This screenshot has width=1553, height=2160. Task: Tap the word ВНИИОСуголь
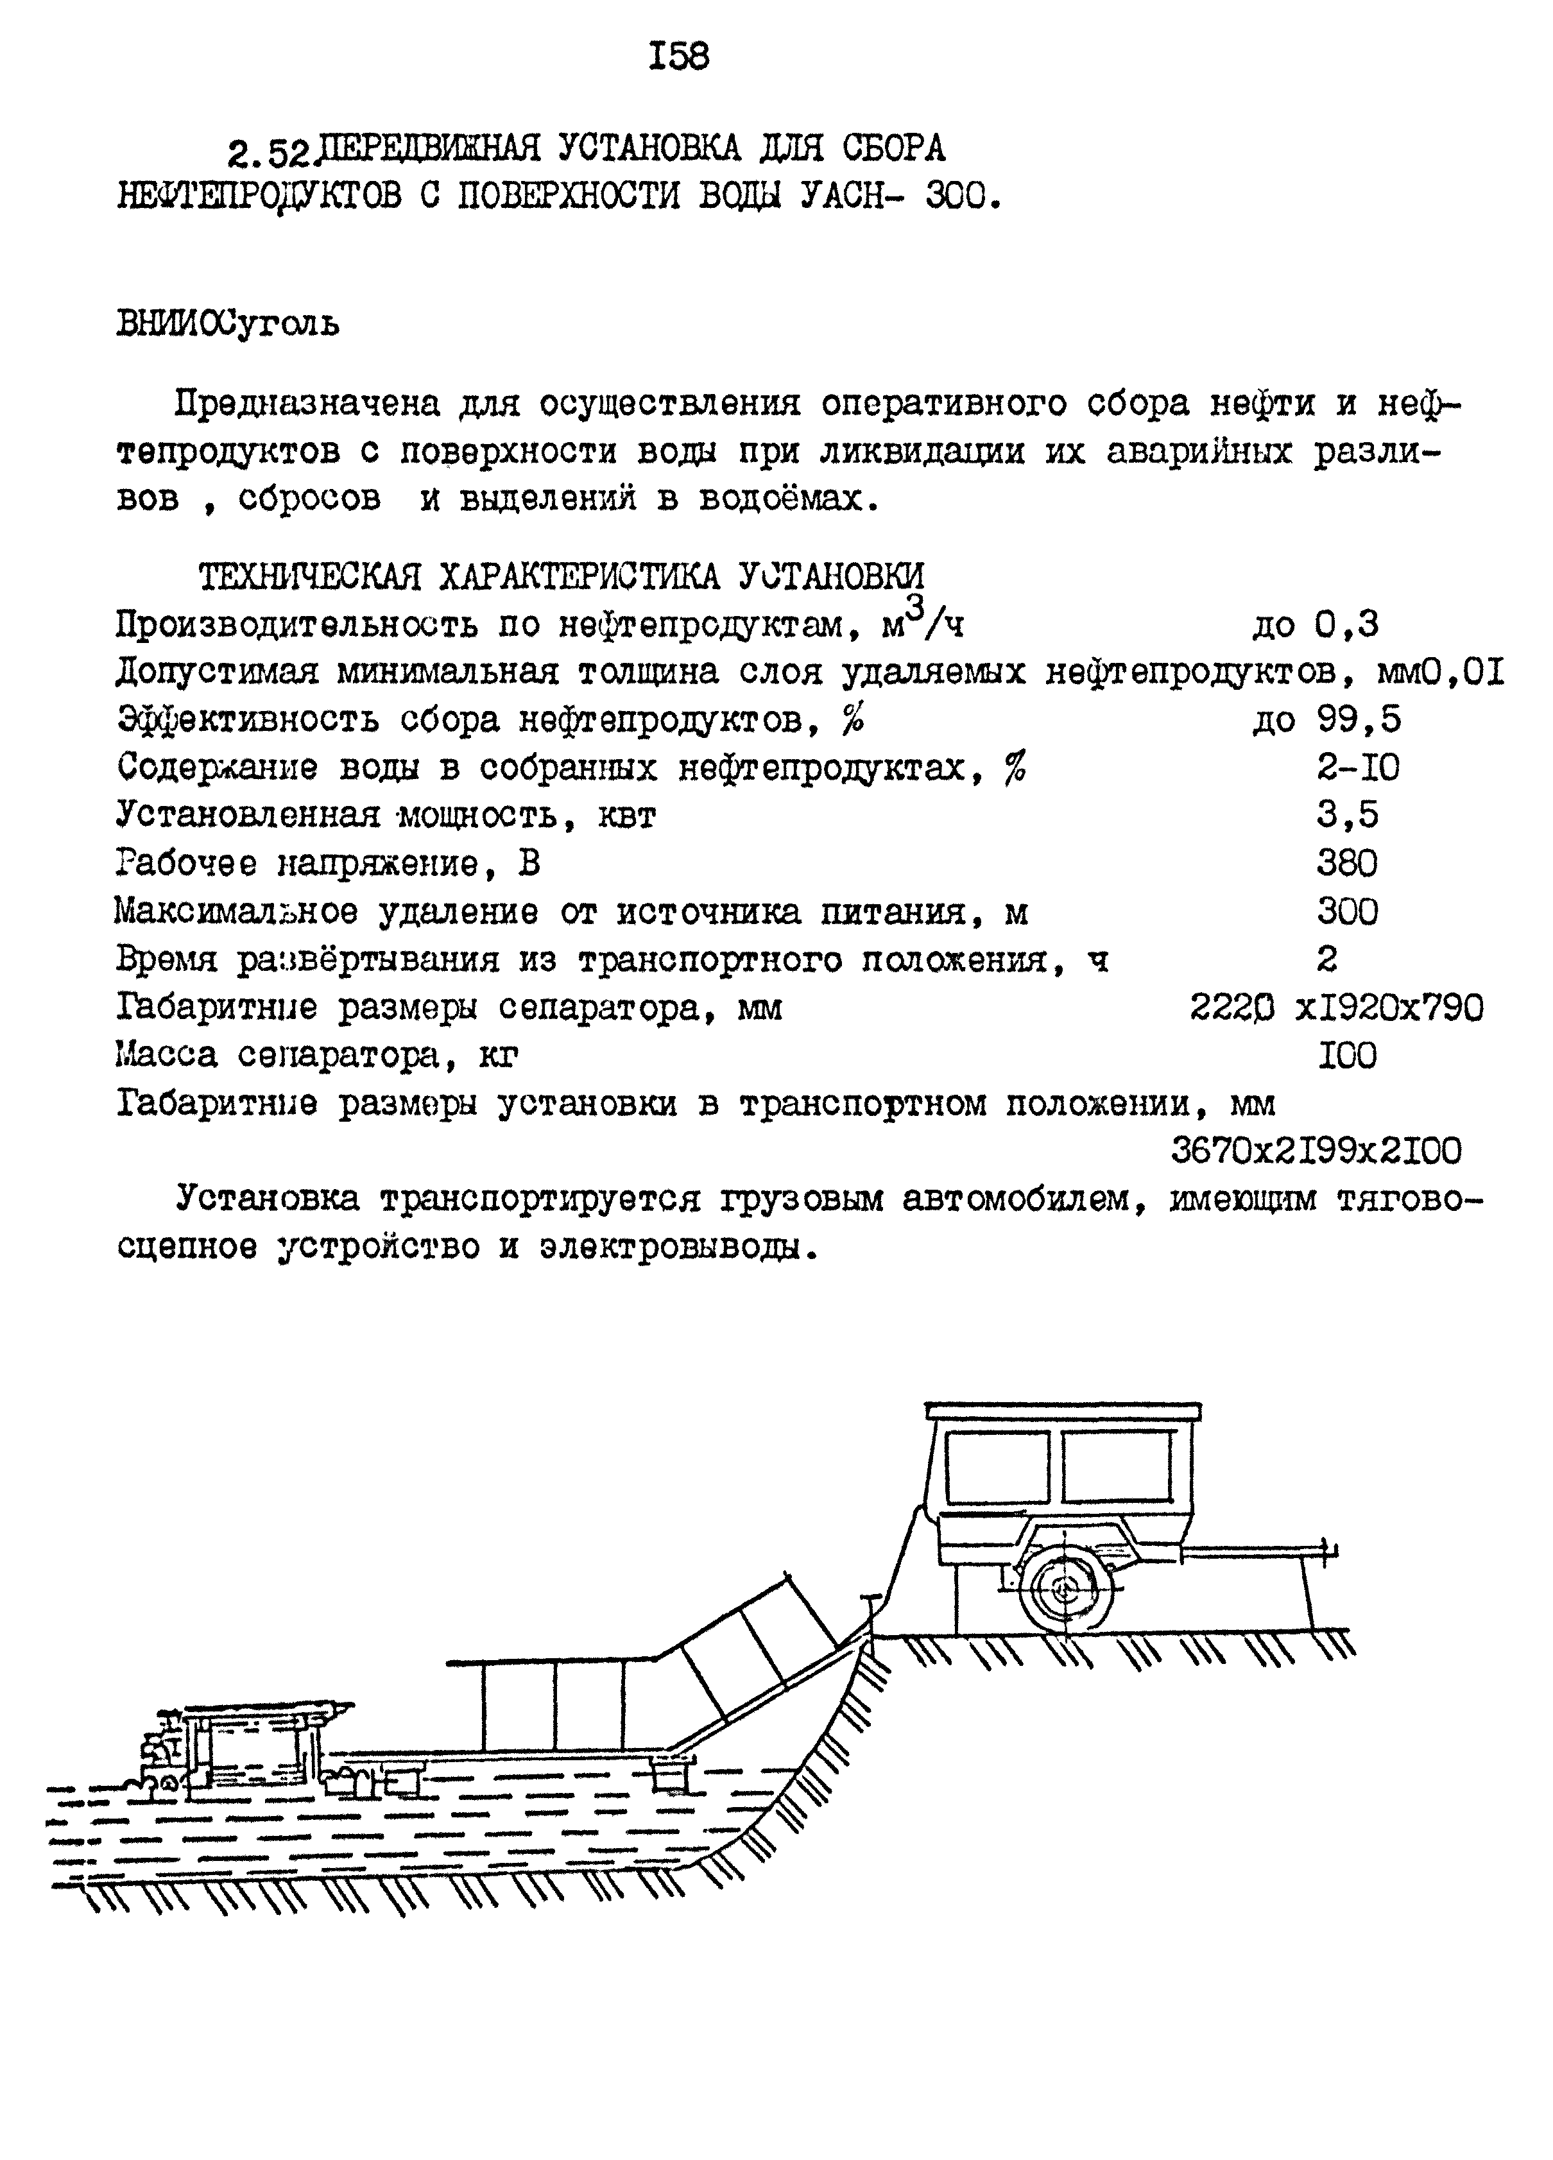pos(228,325)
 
